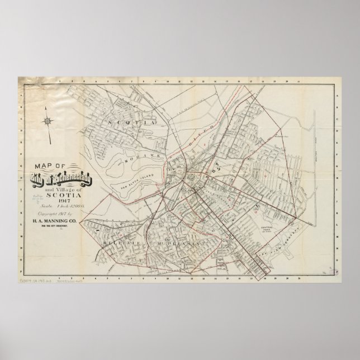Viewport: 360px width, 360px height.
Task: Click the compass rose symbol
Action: [x=48, y=120]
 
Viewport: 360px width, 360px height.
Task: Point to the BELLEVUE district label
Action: [x=120, y=244]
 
